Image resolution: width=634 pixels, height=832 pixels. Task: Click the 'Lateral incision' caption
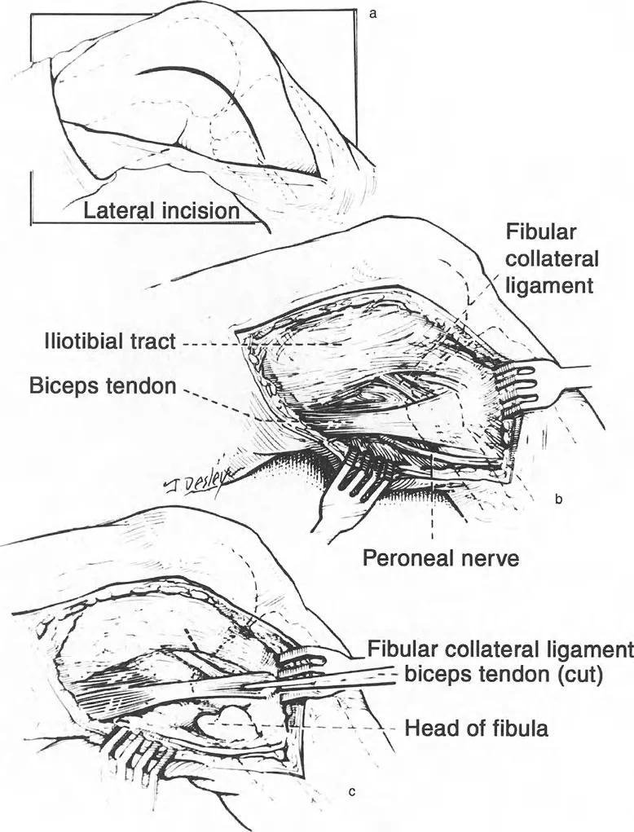coord(162,212)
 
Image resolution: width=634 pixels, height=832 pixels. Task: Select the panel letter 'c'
coord(351,790)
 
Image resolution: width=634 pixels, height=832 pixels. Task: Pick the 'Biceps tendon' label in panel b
coord(103,386)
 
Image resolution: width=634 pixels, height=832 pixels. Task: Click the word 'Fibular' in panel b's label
coord(540,233)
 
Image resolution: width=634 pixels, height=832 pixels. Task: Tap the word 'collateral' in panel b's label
coord(552,260)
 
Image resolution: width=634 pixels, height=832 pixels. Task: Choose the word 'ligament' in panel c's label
coord(589,649)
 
